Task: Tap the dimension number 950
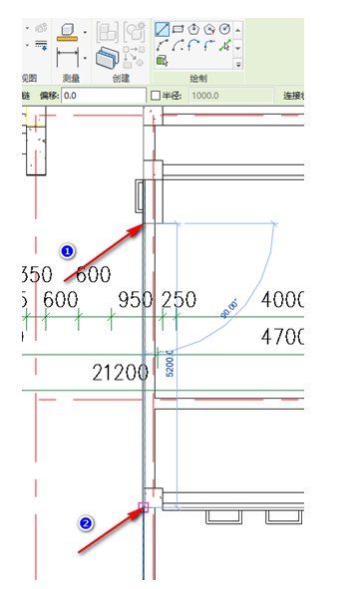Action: click(x=136, y=300)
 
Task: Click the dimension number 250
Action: click(x=179, y=300)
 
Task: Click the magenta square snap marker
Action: click(x=144, y=507)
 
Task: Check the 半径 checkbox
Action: click(x=155, y=96)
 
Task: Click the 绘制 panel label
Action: click(x=199, y=76)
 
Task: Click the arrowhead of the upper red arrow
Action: click(x=141, y=228)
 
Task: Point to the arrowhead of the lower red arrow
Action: click(x=141, y=508)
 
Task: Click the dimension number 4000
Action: click(x=282, y=300)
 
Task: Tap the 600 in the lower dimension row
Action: click(x=60, y=300)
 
